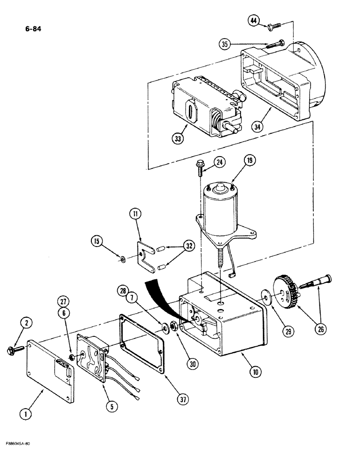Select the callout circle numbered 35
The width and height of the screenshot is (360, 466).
coord(226,44)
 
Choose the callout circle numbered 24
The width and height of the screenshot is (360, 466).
coord(220,162)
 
